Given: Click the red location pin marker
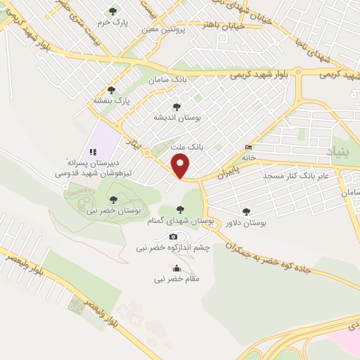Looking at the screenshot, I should tap(181, 167).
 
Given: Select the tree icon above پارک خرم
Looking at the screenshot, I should tap(112, 11).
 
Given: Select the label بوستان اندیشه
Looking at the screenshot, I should tap(178, 118).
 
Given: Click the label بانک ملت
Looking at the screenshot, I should tap(187, 148).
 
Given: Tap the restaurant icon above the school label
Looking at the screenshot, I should tap(92, 151).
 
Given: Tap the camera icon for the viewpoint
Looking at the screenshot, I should tap(173, 236).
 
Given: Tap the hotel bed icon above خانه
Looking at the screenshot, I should tap(247, 148).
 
